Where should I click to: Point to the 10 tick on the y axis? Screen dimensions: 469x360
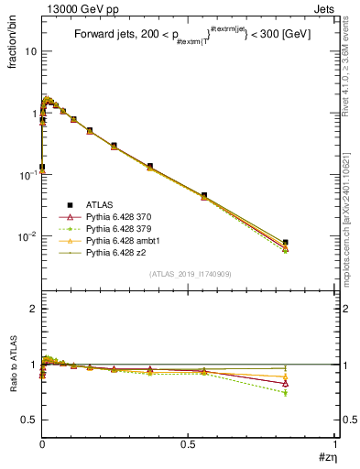[x=29, y=51]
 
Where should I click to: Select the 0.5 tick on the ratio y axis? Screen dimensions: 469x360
[x=27, y=420]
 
